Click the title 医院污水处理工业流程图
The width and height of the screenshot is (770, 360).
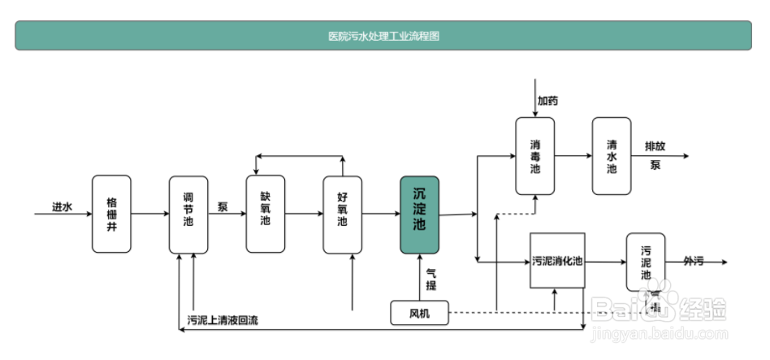click(383, 36)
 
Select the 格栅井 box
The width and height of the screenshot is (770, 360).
click(111, 214)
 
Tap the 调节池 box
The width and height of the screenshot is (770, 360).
click(188, 214)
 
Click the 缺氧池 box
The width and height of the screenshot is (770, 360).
click(266, 214)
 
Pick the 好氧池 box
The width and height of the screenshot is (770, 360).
click(342, 214)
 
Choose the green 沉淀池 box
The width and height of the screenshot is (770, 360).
click(419, 215)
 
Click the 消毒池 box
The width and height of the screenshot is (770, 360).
click(535, 156)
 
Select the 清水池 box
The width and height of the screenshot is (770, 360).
click(612, 156)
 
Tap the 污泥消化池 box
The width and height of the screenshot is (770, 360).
click(557, 261)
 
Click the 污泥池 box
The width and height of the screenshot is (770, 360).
click(645, 261)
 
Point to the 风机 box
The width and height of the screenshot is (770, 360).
click(420, 312)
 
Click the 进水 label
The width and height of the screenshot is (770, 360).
click(63, 207)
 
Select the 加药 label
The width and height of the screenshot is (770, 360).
click(547, 102)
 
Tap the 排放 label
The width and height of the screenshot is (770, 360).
click(655, 146)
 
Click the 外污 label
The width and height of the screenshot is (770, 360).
click(692, 261)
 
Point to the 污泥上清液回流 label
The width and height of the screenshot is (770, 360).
click(223, 320)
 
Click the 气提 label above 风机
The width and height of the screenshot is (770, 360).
click(431, 279)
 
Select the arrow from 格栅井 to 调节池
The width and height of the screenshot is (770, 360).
click(149, 215)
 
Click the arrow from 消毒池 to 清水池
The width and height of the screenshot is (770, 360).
click(573, 156)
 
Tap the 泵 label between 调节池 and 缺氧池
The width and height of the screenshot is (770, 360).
click(222, 206)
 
